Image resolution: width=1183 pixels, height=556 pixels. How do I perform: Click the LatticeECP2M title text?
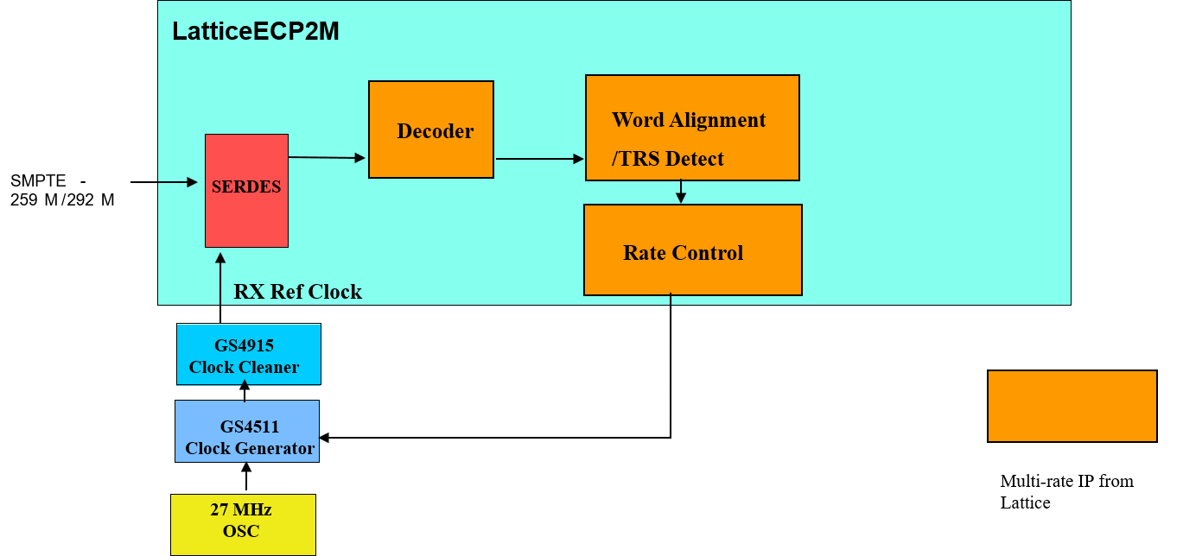[x=255, y=32]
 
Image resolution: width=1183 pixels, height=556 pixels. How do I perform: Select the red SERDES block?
[x=246, y=191]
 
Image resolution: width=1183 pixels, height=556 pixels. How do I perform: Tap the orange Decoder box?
[x=430, y=130]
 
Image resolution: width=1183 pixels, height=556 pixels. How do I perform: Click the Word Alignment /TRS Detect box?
[x=692, y=128]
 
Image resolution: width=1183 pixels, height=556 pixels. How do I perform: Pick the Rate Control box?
[x=692, y=250]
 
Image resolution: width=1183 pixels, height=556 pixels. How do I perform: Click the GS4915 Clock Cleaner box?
[x=248, y=355]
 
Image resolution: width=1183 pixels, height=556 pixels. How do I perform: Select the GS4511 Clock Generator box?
[x=247, y=431]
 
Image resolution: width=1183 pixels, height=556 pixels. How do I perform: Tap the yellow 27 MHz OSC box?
[x=243, y=524]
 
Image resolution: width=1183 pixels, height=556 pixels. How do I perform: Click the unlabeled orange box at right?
[x=1072, y=406]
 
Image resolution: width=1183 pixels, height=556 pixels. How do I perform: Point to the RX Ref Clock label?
[x=297, y=292]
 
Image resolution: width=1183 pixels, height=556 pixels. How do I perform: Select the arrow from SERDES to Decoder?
[x=327, y=157]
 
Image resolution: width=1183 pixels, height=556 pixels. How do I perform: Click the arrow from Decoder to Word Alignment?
[x=539, y=159]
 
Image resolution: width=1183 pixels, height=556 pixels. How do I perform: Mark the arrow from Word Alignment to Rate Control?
[x=681, y=192]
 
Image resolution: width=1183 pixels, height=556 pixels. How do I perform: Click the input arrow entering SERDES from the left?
[x=178, y=182]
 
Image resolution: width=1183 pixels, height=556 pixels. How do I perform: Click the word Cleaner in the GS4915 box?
[x=267, y=367]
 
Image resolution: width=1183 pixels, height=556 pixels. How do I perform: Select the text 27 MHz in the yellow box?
[x=241, y=509]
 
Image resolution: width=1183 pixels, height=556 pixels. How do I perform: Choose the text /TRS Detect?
[x=667, y=159]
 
